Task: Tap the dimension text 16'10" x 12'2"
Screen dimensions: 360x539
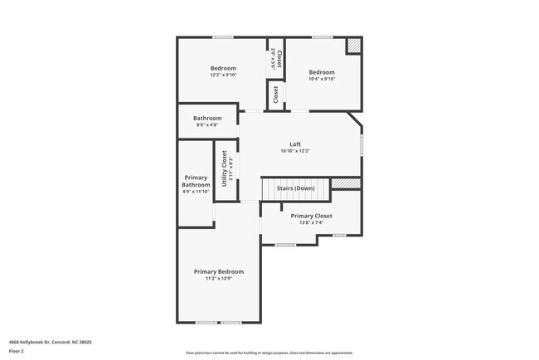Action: tap(294, 152)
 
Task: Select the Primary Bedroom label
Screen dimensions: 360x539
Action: tap(219, 272)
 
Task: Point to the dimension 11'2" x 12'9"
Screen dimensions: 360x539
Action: tap(219, 279)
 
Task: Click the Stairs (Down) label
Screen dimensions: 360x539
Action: tap(295, 188)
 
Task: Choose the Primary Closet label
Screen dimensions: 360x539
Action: tap(311, 216)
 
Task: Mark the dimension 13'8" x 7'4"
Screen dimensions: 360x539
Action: tap(311, 222)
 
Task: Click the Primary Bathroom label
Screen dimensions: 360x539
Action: tap(196, 181)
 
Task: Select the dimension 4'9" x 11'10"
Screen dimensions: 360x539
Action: tap(196, 192)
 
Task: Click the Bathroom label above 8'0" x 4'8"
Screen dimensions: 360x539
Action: tap(207, 119)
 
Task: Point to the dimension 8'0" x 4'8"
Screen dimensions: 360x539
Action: tap(207, 125)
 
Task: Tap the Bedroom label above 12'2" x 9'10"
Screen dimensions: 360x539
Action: tap(223, 68)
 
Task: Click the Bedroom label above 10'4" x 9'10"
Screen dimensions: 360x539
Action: tap(322, 72)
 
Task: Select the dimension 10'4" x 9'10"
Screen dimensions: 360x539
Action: tap(322, 79)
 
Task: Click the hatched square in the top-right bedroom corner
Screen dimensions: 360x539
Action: tap(353, 46)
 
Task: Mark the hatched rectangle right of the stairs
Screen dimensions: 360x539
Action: tap(346, 183)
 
